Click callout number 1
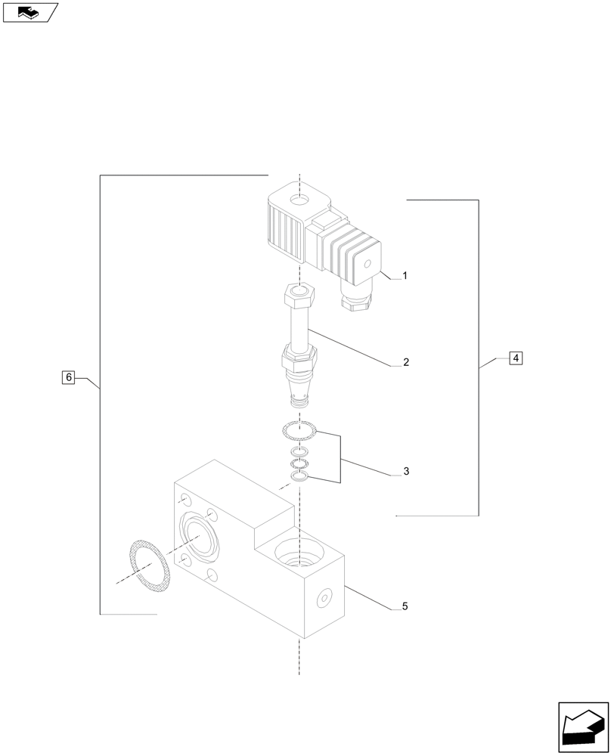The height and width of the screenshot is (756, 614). pyautogui.click(x=405, y=277)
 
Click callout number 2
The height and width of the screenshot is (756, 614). pyautogui.click(x=406, y=363)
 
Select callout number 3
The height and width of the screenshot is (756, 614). pyautogui.click(x=406, y=472)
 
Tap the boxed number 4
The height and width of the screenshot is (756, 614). pyautogui.click(x=515, y=358)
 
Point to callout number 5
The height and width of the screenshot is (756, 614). pyautogui.click(x=405, y=606)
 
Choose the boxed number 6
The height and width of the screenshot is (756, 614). pyautogui.click(x=68, y=376)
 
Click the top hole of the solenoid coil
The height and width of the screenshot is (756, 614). pyautogui.click(x=301, y=201)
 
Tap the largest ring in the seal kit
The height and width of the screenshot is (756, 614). pyautogui.click(x=299, y=432)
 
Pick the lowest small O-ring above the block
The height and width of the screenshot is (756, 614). pyautogui.click(x=299, y=476)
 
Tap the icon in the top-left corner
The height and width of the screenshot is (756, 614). pyautogui.click(x=29, y=12)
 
